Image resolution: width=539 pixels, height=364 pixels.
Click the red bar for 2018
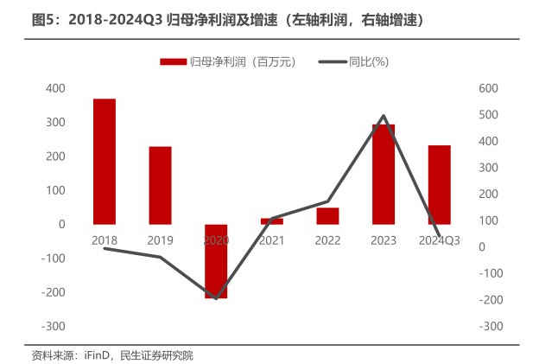(105, 162)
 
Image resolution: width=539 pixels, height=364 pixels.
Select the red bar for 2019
(160, 185)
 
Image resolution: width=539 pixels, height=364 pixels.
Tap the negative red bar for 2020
(216, 261)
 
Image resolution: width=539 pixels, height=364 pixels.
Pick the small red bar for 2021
(271, 221)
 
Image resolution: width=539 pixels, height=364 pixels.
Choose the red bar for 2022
(327, 216)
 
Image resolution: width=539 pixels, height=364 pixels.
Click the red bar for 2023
(384, 175)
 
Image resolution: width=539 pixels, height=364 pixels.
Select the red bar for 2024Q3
(439, 185)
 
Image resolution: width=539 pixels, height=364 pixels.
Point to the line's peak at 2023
(384, 116)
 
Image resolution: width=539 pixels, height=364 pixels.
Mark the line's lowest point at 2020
(216, 299)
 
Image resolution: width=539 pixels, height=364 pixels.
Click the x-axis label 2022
(327, 239)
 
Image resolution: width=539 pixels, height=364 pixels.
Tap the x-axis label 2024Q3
(439, 239)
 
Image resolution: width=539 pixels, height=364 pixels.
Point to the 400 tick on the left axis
(55, 88)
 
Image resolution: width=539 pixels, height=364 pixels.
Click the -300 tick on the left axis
(54, 326)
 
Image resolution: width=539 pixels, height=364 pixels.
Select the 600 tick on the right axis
(489, 88)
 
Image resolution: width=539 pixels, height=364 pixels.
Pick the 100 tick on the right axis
(489, 220)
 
